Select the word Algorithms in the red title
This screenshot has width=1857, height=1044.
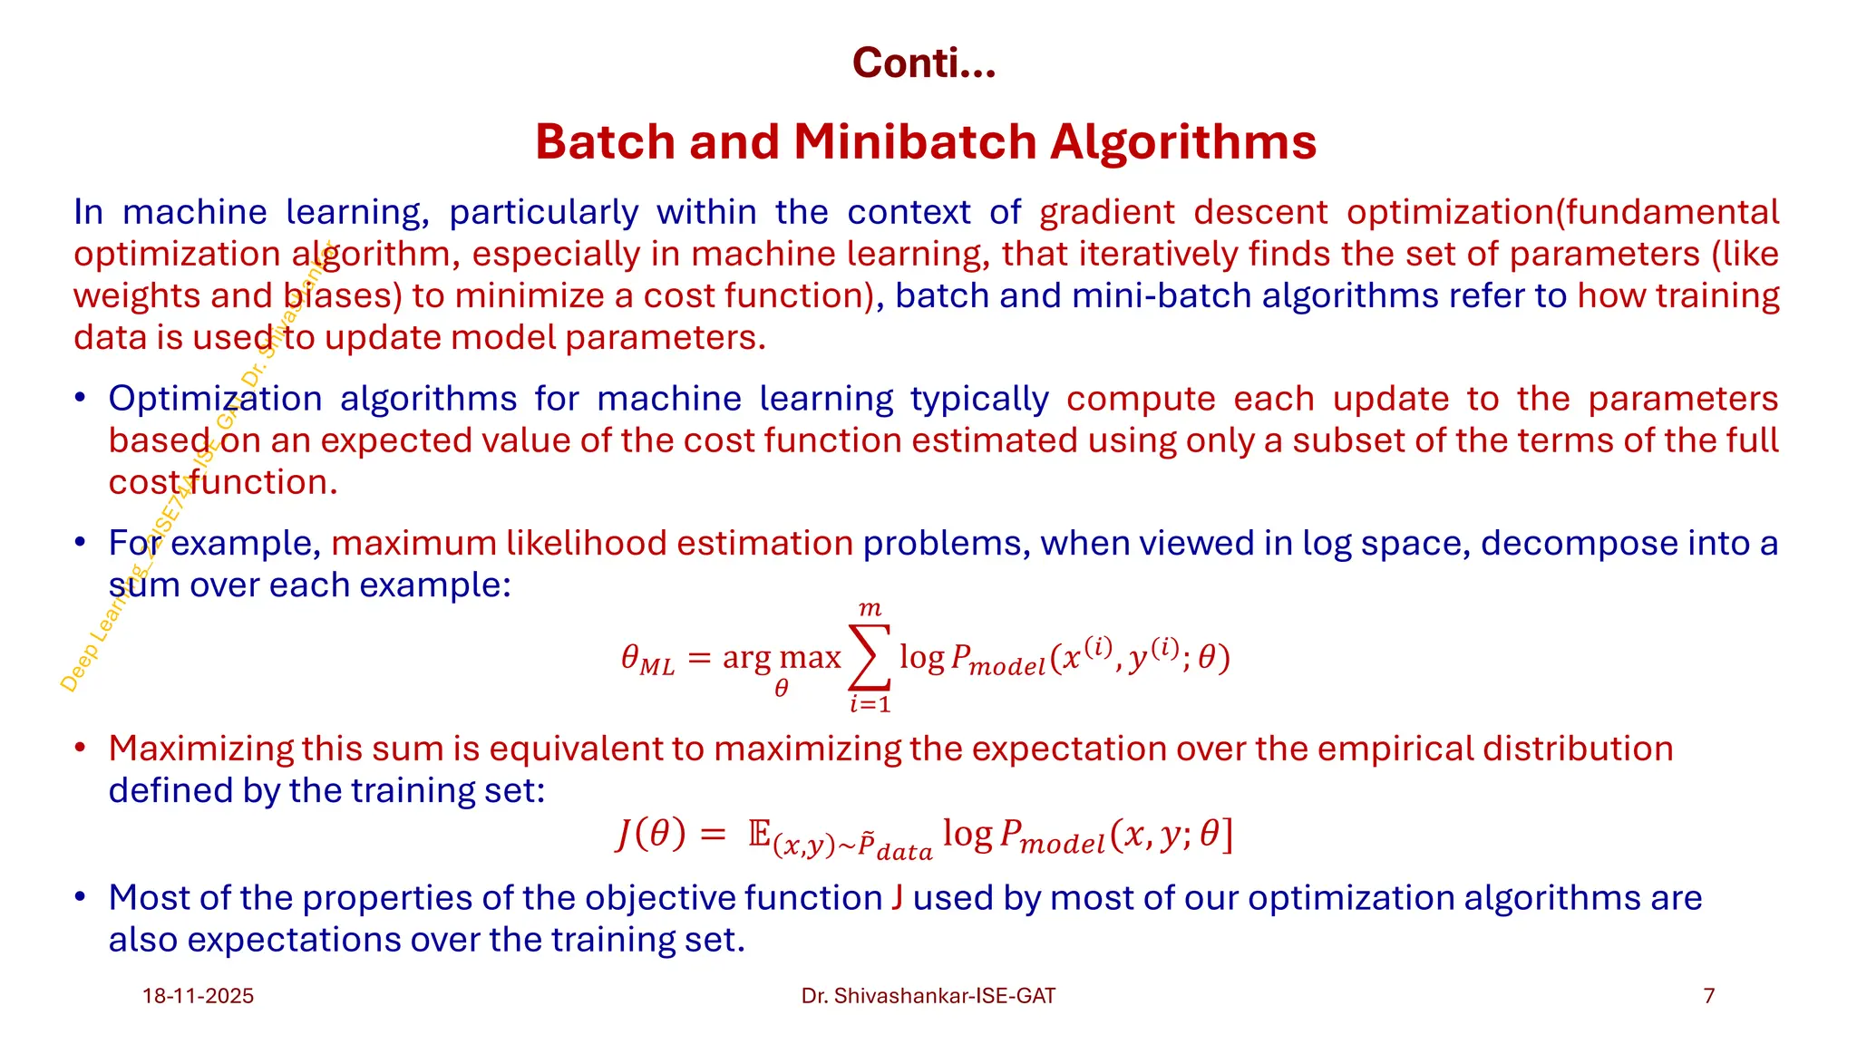pyautogui.click(x=1182, y=142)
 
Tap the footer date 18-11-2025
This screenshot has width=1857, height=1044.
pyautogui.click(x=198, y=996)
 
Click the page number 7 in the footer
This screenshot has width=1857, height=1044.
pyautogui.click(x=1709, y=996)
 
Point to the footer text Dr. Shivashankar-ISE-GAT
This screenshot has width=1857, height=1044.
pyautogui.click(x=928, y=996)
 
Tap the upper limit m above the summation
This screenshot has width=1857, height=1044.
pyautogui.click(x=870, y=609)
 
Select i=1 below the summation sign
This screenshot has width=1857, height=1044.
pyautogui.click(x=870, y=704)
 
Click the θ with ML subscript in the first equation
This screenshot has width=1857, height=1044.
pyautogui.click(x=647, y=659)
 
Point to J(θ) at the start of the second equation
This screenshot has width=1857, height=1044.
pyautogui.click(x=650, y=833)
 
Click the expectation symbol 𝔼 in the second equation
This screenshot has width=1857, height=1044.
pyautogui.click(x=760, y=832)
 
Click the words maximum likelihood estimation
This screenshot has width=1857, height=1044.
pyautogui.click(x=592, y=543)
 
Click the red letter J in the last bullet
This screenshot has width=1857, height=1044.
pyautogui.click(x=897, y=897)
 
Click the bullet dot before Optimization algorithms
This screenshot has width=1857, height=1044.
pyautogui.click(x=81, y=399)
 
